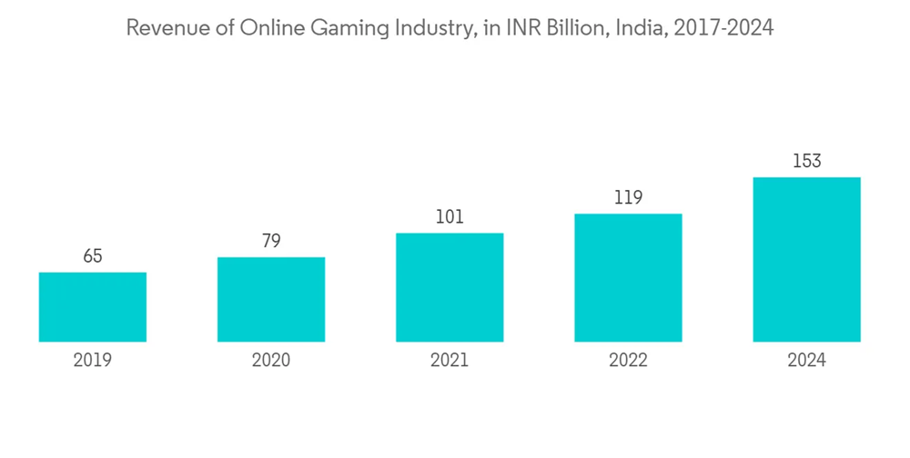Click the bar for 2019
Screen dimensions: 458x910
coord(93,307)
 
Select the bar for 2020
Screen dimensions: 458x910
coord(271,300)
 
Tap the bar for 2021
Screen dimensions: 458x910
coord(450,287)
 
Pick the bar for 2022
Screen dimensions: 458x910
coord(628,278)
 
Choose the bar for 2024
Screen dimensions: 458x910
coord(806,260)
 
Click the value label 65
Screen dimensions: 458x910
coord(93,256)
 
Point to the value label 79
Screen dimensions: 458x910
coord(271,241)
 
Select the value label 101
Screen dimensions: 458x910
coord(450,217)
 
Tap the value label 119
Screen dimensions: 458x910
coord(628,198)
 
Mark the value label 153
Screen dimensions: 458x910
coord(806,162)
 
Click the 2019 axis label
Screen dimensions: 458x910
coord(93,361)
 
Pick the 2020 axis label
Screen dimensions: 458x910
coord(271,361)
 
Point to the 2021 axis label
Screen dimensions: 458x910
coord(450,361)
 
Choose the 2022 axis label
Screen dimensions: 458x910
coord(628,361)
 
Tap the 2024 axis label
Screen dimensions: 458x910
coord(806,361)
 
